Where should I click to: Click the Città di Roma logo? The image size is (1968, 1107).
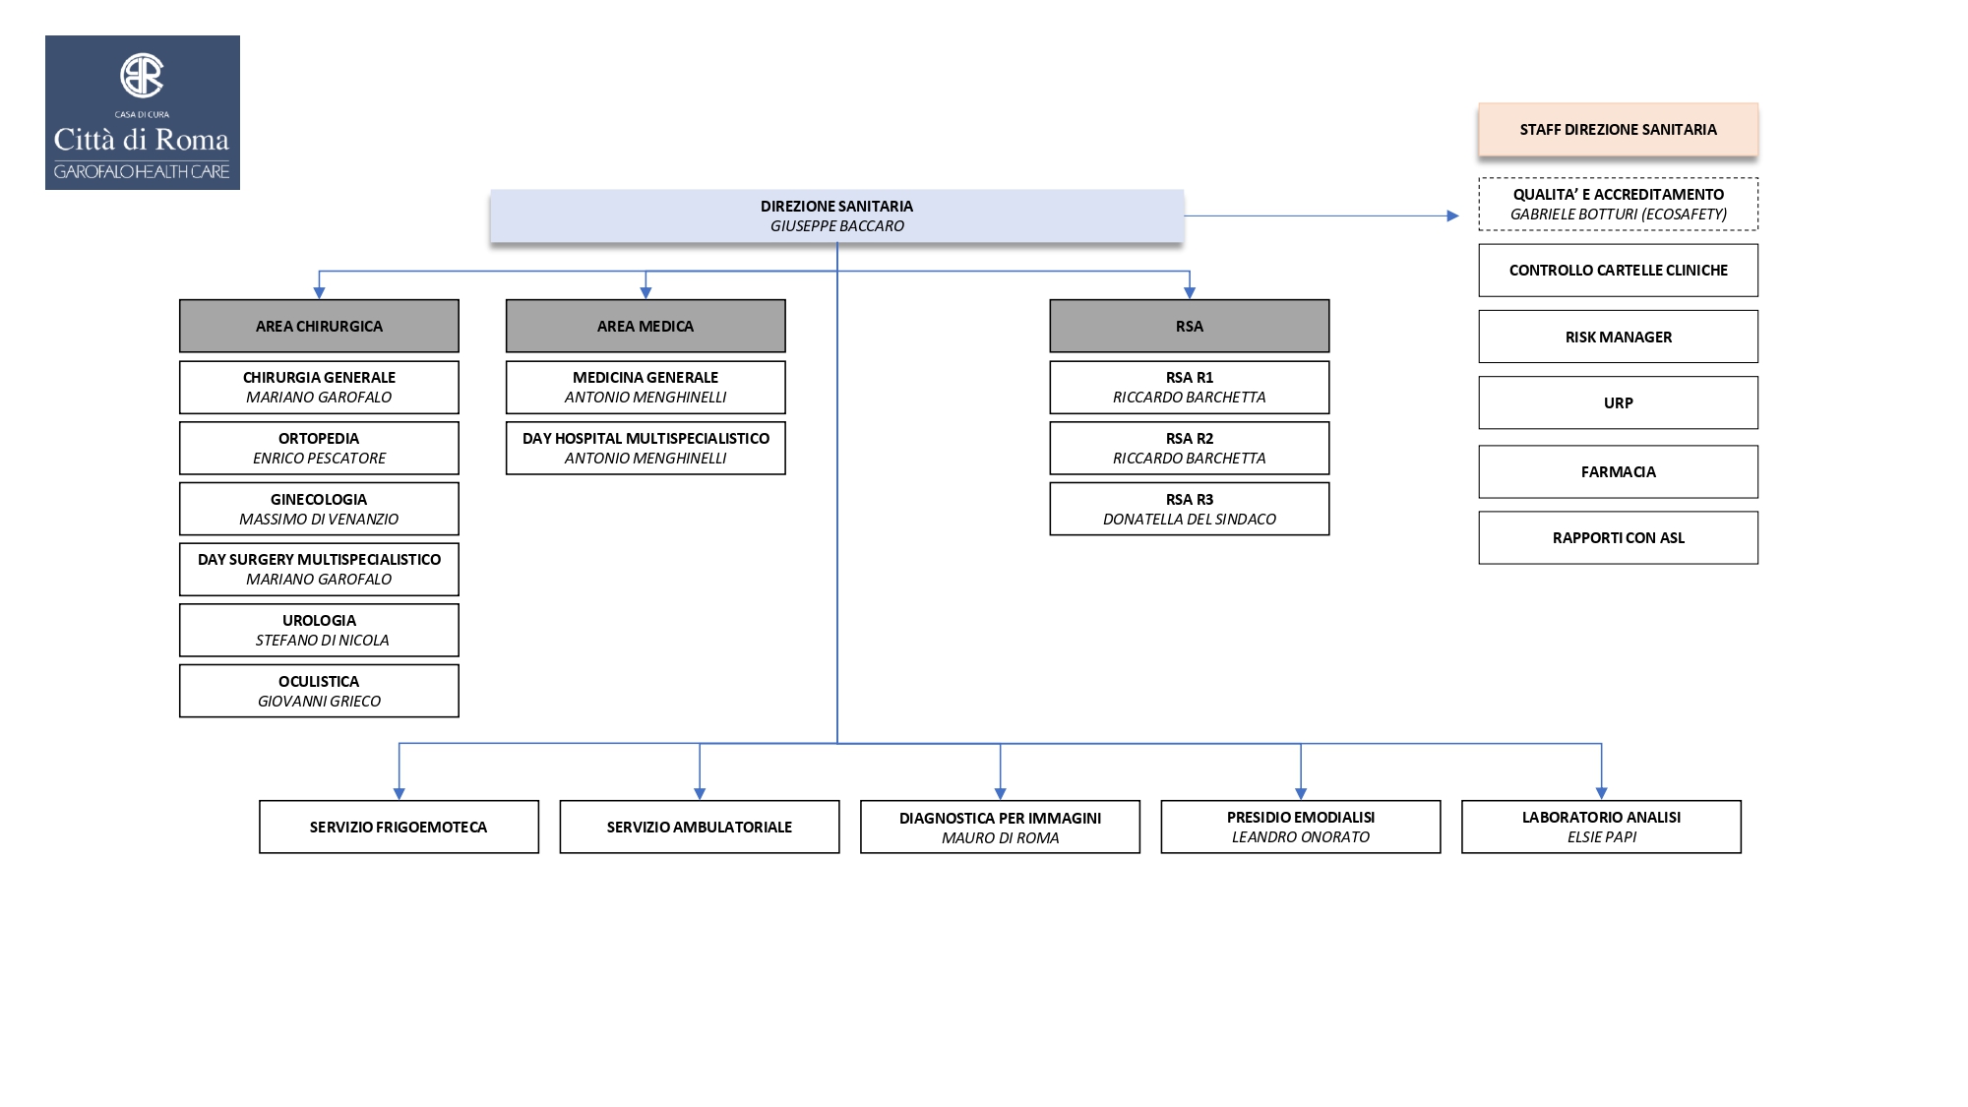tap(143, 112)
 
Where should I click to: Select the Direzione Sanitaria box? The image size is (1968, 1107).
tap(836, 215)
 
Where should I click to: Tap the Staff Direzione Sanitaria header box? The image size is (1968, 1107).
tap(1618, 129)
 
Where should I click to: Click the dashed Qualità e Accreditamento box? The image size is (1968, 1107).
tap(1618, 204)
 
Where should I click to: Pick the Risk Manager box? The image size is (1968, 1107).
tap(1618, 337)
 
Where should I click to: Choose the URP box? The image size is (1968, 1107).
tap(1618, 402)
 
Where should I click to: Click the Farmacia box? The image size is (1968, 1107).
tap(1618, 471)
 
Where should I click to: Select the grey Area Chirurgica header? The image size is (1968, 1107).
tap(319, 326)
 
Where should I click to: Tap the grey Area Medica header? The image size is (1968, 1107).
tap(646, 326)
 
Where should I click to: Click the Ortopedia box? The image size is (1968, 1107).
tap(319, 448)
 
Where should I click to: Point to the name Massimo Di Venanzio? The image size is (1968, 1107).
tap(319, 519)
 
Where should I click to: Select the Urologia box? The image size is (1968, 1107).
tap(319, 630)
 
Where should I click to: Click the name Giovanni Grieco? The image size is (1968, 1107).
tap(319, 701)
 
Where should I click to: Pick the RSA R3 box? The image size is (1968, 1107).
tap(1189, 509)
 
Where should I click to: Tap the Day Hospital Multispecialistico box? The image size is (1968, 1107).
tap(646, 448)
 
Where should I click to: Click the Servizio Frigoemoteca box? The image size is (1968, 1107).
tap(399, 827)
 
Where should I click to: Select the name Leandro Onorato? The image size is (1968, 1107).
tap(1300, 836)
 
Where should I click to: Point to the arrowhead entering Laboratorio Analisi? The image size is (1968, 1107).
tap(1601, 793)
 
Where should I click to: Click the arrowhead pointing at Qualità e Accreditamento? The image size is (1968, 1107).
tap(1452, 215)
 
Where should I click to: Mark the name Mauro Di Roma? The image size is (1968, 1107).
tap(1000, 837)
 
